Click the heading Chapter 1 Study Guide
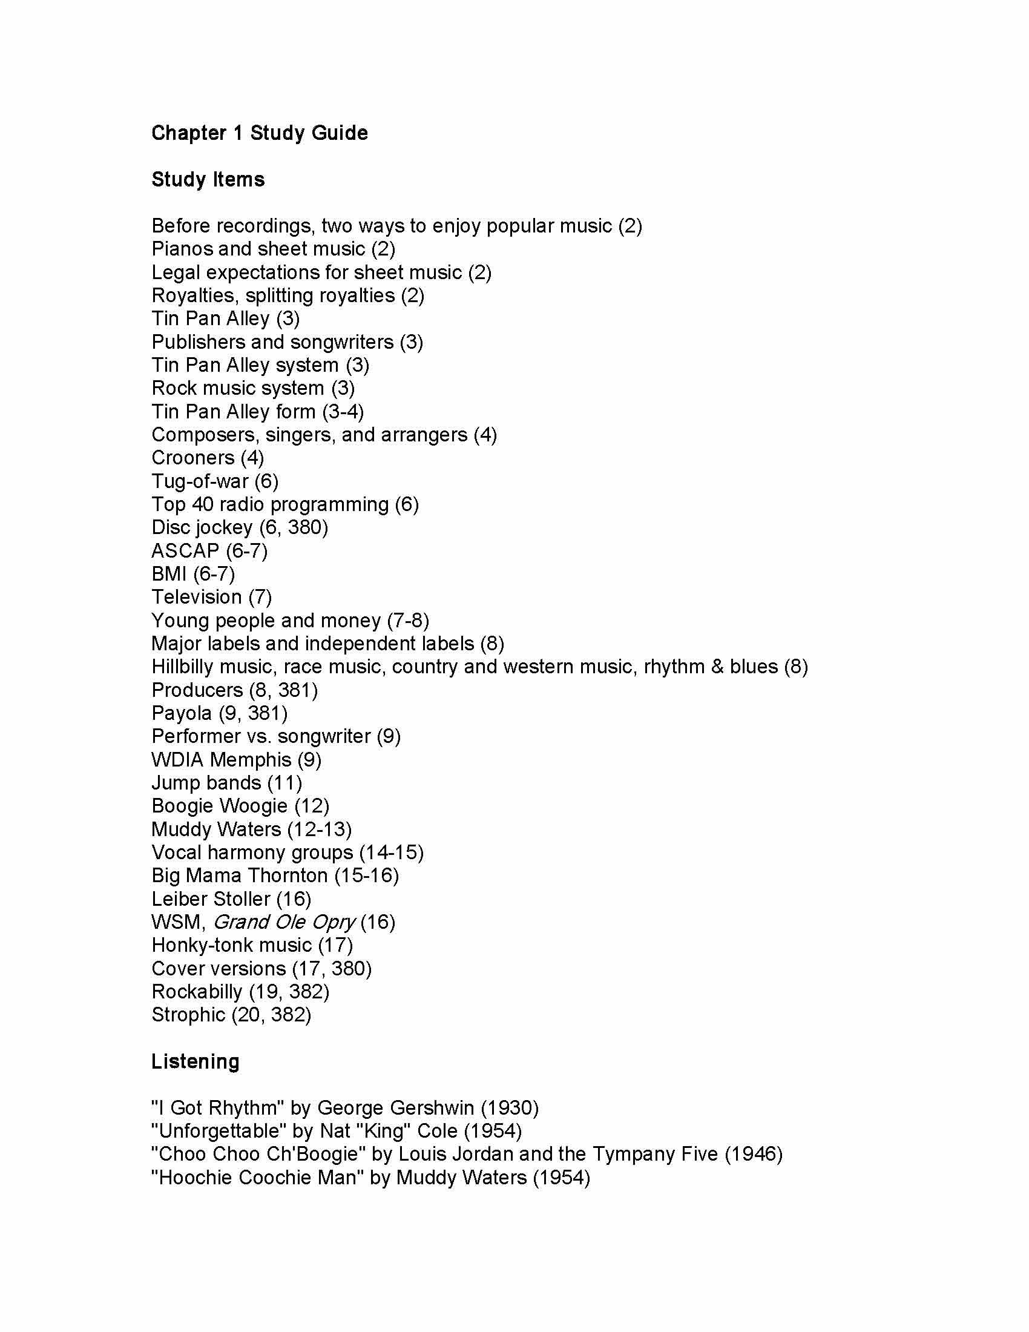(x=259, y=133)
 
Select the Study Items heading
(x=208, y=179)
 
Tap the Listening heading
(x=195, y=1062)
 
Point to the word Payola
(x=182, y=713)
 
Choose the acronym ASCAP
(x=185, y=551)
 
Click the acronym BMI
(x=169, y=574)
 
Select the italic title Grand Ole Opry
(x=283, y=922)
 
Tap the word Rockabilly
(x=197, y=992)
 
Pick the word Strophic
(x=188, y=1015)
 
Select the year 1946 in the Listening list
(x=754, y=1155)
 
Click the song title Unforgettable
(x=219, y=1132)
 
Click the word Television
(x=196, y=597)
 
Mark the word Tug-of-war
(x=200, y=481)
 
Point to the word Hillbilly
(x=183, y=667)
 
